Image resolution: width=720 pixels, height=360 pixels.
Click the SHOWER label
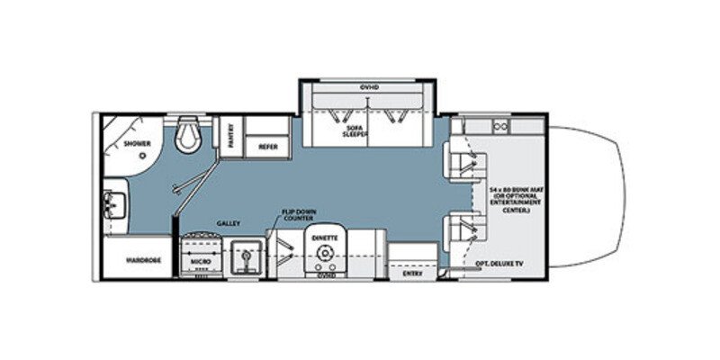tap(137, 144)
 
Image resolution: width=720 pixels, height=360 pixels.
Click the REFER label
tap(267, 146)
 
